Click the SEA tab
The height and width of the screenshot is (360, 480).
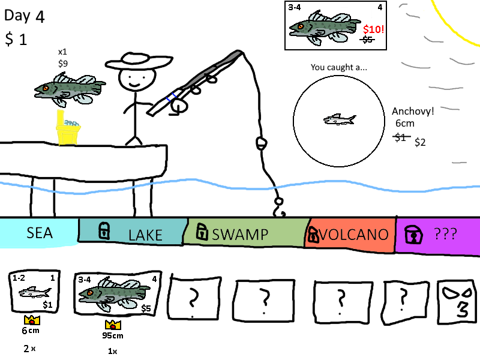pos(39,233)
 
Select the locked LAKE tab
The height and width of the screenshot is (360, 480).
pos(132,233)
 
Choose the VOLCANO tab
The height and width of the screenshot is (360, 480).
pos(351,234)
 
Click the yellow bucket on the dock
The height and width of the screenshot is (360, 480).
pos(68,130)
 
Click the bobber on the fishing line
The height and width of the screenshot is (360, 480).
pos(260,143)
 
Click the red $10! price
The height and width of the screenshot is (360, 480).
pos(373,28)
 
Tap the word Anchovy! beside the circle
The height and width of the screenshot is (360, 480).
pos(413,111)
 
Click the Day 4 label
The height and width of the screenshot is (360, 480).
pos(25,16)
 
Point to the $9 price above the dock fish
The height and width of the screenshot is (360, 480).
pos(63,62)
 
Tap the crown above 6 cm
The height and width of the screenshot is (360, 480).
pos(31,321)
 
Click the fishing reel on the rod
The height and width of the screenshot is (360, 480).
pos(178,106)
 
